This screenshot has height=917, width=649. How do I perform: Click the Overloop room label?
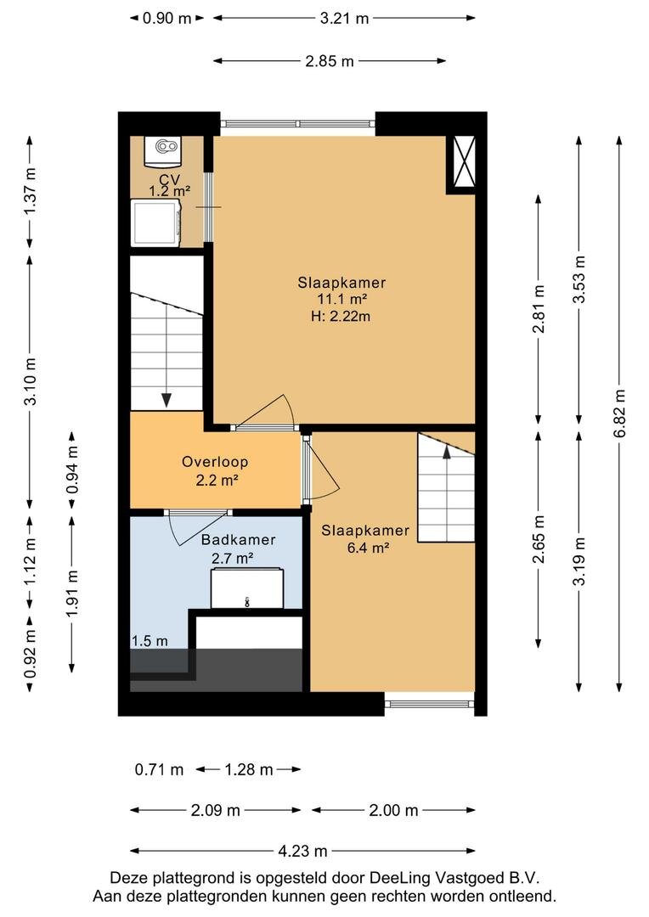[215, 462]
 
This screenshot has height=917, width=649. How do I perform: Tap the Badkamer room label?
[238, 540]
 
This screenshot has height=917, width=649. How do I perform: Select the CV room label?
[170, 179]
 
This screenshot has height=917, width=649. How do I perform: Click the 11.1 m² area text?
[342, 300]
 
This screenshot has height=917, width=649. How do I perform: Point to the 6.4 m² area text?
[368, 548]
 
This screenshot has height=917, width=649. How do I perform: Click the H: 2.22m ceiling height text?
[341, 317]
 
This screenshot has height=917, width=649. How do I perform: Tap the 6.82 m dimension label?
[620, 413]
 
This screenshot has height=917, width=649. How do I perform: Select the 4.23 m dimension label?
[302, 851]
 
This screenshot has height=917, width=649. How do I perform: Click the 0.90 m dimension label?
[166, 18]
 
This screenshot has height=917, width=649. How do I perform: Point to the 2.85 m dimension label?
[330, 61]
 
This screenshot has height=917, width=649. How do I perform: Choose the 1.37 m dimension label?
[31, 191]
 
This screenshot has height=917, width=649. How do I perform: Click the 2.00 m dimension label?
[393, 810]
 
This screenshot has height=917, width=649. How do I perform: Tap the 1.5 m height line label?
[150, 641]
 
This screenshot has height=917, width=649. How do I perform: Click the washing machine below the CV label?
[155, 222]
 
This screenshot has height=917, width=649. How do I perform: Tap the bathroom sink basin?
[247, 589]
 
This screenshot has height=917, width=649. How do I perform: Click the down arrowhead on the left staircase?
[166, 400]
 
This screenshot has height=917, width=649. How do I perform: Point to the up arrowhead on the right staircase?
[447, 451]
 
